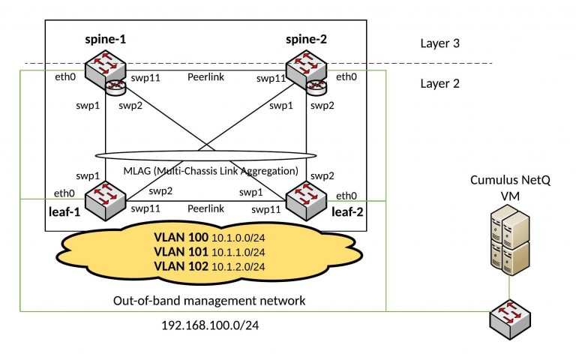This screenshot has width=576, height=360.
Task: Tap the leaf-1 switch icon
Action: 103,199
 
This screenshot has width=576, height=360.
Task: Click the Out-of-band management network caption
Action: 205,301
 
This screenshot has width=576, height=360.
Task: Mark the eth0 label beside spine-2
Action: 346,76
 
